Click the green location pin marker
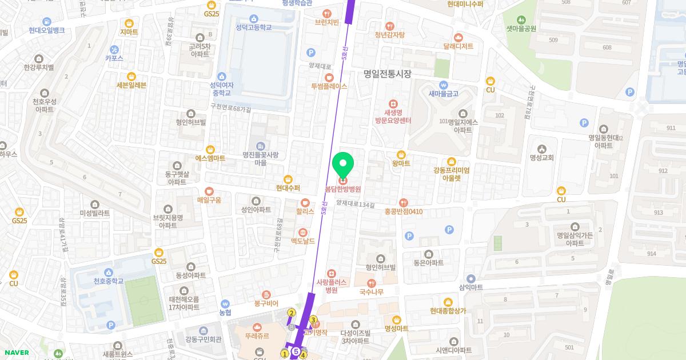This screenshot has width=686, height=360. (x=343, y=166)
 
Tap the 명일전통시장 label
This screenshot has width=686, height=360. (x=388, y=74)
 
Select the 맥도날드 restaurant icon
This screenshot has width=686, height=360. (x=303, y=232)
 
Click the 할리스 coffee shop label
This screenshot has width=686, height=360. (x=305, y=211)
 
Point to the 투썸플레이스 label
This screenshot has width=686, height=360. (x=329, y=86)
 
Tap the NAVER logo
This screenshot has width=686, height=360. (x=17, y=353)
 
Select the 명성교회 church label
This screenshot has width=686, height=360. (x=542, y=158)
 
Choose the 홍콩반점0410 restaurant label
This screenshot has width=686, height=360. (x=404, y=211)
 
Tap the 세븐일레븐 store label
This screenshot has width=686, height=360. (x=131, y=85)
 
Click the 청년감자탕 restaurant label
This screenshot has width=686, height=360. (x=390, y=35)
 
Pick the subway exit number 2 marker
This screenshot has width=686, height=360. (x=292, y=313)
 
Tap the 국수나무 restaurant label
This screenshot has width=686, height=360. (x=372, y=292)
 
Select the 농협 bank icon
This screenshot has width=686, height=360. (x=225, y=313)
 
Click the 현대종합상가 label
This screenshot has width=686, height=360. (x=448, y=311)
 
